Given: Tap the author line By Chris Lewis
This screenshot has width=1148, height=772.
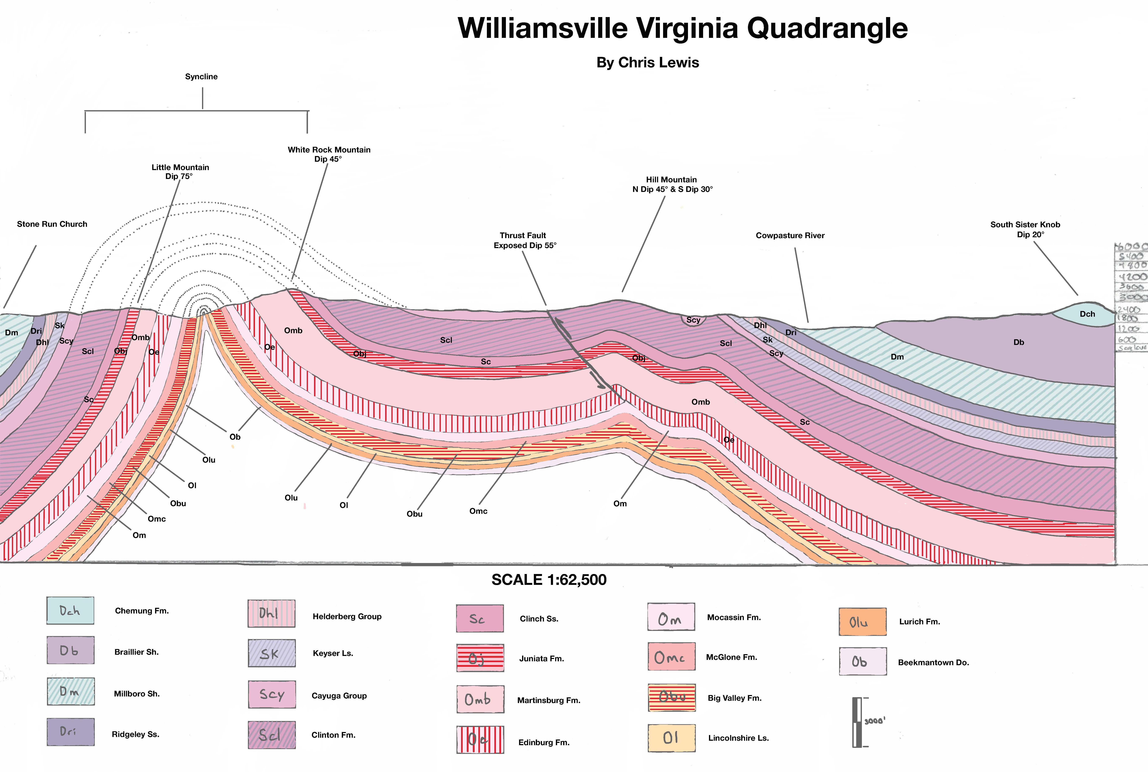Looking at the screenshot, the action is (648, 63).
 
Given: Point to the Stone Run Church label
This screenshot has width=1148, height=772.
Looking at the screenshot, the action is (52, 224).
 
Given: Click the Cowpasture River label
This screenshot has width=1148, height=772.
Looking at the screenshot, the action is (790, 235).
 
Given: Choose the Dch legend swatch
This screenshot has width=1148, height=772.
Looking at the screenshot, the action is (70, 610).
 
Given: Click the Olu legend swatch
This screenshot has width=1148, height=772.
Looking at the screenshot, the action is (862, 622).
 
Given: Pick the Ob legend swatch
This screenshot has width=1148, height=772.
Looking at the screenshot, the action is (862, 661).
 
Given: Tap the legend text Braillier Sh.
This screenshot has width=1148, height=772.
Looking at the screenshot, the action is (136, 652).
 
